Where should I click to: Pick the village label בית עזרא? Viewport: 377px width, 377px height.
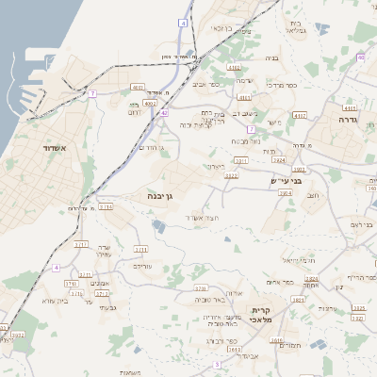56,301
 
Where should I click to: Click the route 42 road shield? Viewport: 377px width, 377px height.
163,112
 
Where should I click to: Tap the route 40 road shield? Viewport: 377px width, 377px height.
360,57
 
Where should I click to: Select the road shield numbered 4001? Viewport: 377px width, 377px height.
138,88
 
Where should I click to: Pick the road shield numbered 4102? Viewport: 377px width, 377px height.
234,68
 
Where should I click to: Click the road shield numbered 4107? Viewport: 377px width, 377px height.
300,115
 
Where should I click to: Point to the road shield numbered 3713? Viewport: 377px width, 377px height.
106,206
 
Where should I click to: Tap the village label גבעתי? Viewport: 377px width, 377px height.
107,307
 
